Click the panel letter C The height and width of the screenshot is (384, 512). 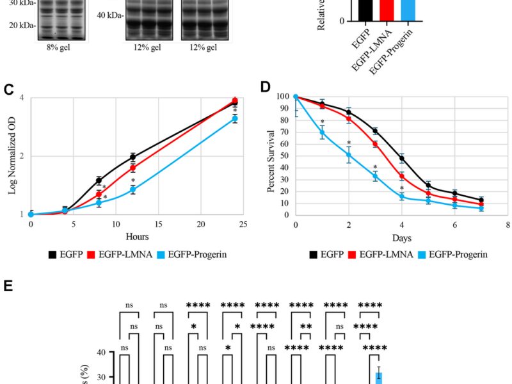(x=9, y=90)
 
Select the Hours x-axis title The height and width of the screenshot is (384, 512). (x=132, y=236)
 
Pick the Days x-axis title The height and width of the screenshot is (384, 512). (x=402, y=237)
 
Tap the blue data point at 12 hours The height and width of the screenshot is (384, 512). (x=132, y=189)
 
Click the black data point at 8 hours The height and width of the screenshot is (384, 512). (x=99, y=180)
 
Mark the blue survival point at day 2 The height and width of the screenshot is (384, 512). (x=349, y=155)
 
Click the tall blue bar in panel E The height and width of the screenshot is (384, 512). (x=379, y=378)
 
